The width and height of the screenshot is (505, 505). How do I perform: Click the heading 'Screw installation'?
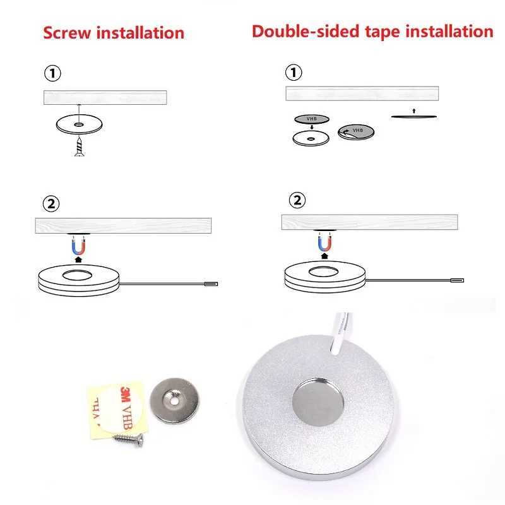coord(114,32)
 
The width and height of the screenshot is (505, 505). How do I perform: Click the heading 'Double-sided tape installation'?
coord(372,31)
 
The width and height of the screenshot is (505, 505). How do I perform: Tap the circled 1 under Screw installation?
coord(53,74)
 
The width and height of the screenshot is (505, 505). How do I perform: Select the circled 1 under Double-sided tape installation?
coord(294,73)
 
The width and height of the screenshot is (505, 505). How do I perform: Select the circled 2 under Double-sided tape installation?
coord(297,201)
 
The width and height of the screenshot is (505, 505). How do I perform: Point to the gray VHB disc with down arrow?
coord(312,119)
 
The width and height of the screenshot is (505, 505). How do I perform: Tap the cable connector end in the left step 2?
coord(212,285)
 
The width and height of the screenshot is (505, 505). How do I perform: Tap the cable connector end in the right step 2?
coord(455,280)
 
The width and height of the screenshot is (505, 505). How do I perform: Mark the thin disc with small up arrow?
coord(413,116)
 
